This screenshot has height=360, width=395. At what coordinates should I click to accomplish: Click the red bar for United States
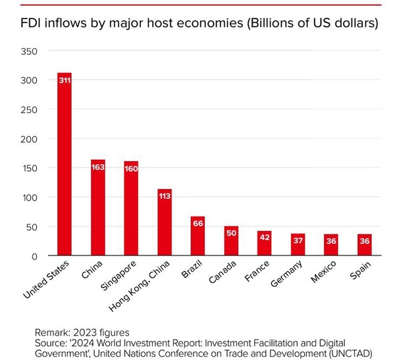tap(65, 165)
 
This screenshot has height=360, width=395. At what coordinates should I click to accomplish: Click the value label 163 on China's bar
tap(98, 167)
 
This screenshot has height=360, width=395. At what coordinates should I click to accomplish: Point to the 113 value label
tap(165, 196)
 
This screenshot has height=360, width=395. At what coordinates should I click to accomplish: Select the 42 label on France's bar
tap(265, 238)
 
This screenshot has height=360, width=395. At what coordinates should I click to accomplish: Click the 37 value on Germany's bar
tap(298, 240)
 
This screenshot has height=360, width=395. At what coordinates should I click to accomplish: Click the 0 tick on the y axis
tap(34, 256)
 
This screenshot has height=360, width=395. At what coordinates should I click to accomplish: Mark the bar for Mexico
tap(332, 245)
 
